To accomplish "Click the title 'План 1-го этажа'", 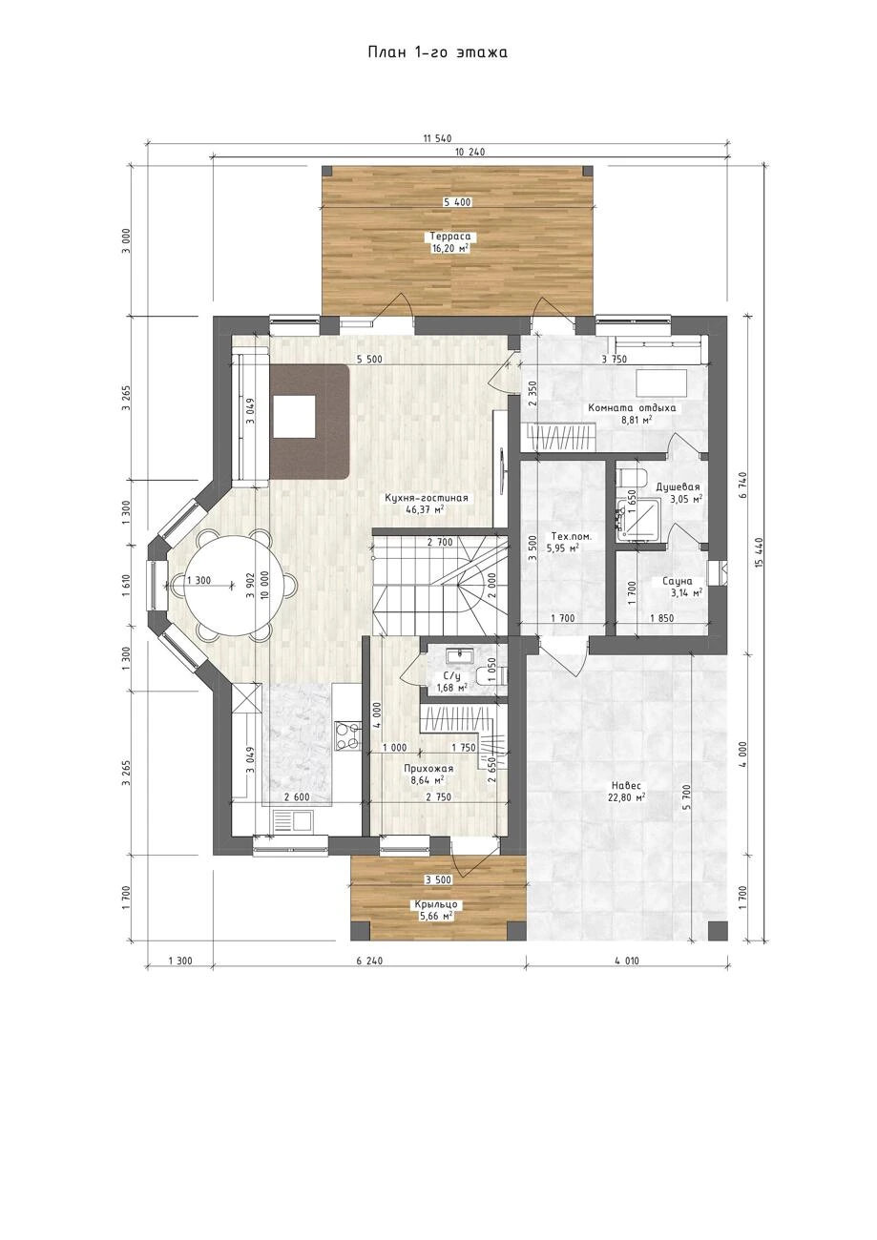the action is coord(437,52).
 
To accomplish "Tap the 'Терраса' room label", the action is coord(450,237).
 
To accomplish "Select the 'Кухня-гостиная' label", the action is coord(427,498).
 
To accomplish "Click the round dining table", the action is coord(233,585).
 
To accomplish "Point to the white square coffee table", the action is coord(295,417).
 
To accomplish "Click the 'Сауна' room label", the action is coord(678,581).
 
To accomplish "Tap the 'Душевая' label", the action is coord(678,486).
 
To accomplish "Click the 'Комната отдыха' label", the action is coord(632,407).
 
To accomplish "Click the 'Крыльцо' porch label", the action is coord(435,904).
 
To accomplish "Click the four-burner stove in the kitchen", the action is coord(347,736).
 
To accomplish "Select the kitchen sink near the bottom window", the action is coord(292,820).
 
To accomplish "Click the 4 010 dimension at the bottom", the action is coord(626,961).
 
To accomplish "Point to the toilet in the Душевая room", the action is coord(631,477).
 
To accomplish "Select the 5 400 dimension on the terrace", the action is coord(457,202).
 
